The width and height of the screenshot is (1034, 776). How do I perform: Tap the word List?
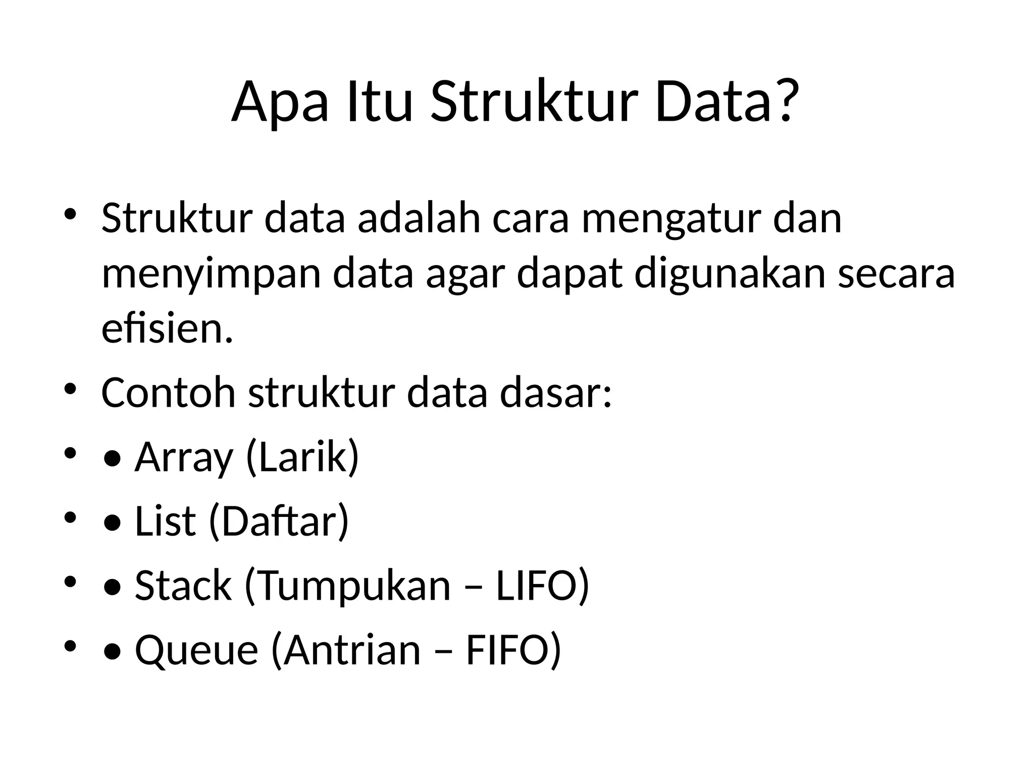tap(165, 521)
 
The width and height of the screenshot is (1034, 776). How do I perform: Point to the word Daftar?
tap(278, 521)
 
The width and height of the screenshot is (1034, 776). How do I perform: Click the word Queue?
tap(196, 651)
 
